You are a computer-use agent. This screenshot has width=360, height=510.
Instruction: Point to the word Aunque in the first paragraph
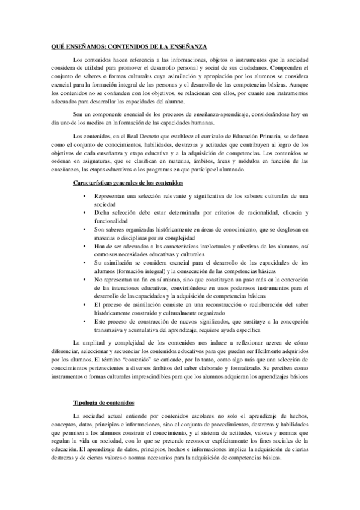298,86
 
